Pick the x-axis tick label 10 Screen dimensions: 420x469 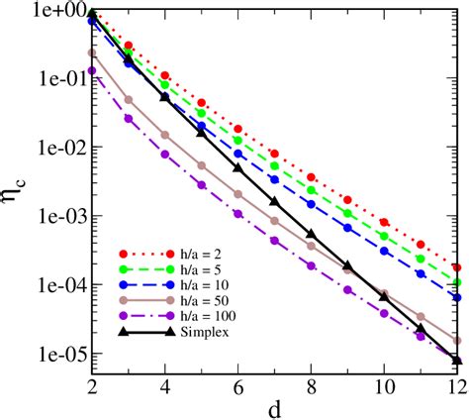pyautogui.click(x=383, y=385)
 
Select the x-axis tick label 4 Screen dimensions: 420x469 pyautogui.click(x=165, y=385)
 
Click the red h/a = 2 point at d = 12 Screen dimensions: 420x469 pyautogui.click(x=456, y=267)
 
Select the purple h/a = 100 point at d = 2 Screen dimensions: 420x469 pyautogui.click(x=92, y=70)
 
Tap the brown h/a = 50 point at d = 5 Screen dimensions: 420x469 pyautogui.click(x=202, y=165)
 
